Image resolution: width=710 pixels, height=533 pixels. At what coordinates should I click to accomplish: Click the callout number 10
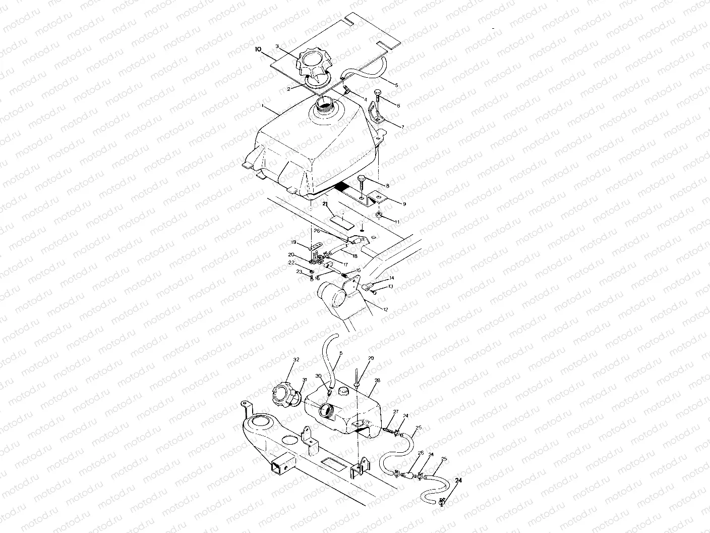pos(258,49)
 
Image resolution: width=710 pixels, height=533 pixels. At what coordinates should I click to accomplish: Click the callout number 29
pos(371,358)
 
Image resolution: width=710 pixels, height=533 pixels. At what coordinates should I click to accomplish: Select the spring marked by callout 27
pos(388,429)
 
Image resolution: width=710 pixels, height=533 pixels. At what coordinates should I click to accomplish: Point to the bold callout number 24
pos(458,481)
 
